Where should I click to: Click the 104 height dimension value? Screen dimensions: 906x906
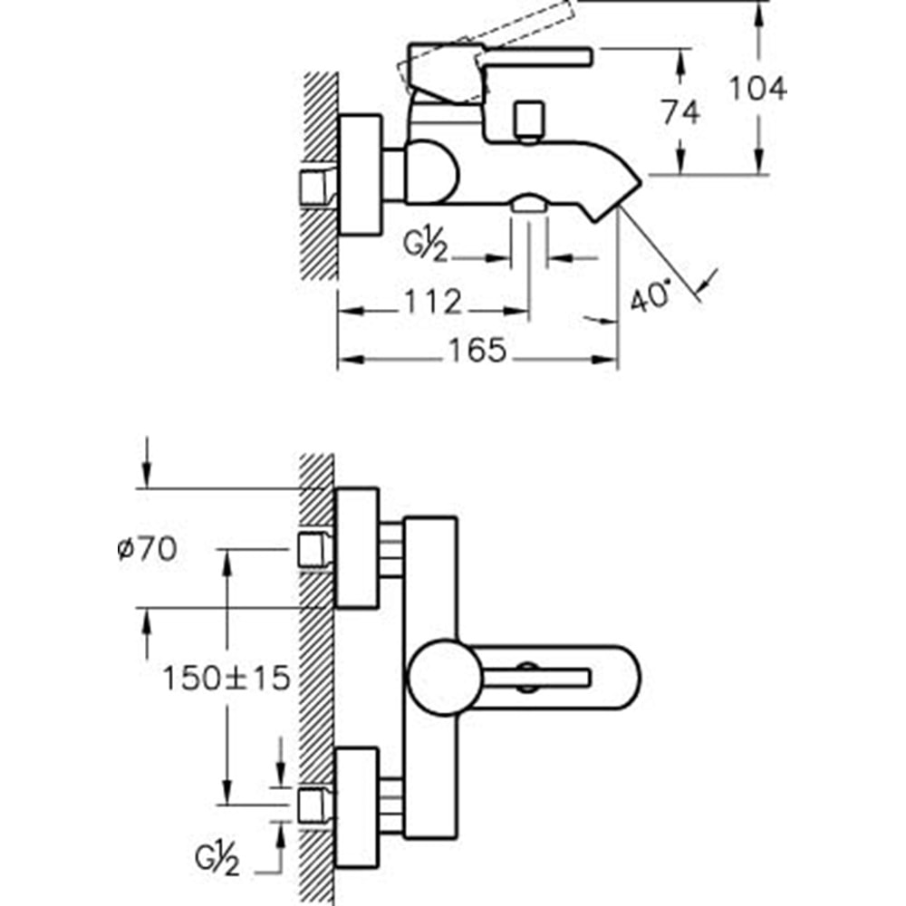click(758, 88)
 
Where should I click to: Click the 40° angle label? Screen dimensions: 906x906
click(651, 297)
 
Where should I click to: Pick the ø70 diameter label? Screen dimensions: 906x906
click(147, 548)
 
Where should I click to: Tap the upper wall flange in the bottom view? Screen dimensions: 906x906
click(357, 547)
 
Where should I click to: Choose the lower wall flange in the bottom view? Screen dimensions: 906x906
click(357, 806)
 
